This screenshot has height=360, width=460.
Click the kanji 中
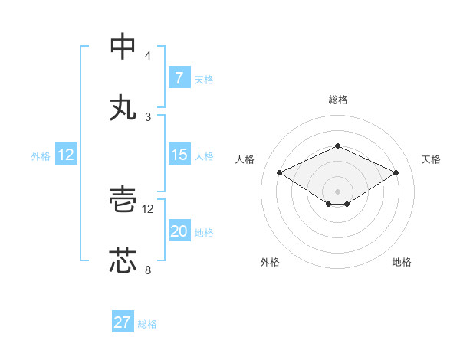pos(123,47)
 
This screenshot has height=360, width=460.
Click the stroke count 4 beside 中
pos(148,56)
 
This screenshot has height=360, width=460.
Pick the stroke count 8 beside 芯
pos(148,270)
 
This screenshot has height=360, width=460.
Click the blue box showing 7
pos(179,78)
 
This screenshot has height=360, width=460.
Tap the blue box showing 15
pos(179,155)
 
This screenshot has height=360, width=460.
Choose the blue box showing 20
pos(179,231)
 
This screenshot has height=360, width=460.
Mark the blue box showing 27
pos(123,322)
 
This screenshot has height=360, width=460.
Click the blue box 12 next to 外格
pos(66,155)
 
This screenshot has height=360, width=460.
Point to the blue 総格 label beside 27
pos(147,324)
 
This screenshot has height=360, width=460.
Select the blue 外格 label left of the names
pos(41,156)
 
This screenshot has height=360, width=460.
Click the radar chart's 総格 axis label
pos(337,100)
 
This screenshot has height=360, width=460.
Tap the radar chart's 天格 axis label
pos(431,159)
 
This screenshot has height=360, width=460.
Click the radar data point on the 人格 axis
pos(279,172)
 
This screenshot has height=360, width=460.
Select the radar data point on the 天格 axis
pos(396,172)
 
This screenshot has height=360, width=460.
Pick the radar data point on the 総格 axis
pos(337,146)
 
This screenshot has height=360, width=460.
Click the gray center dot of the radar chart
pos(337,191)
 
